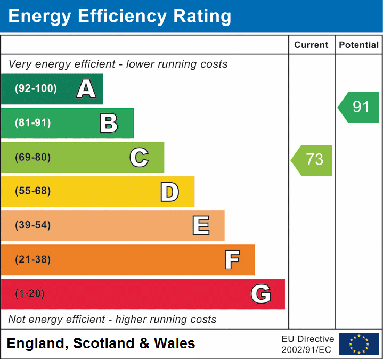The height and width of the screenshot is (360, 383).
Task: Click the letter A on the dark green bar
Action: coord(86,89)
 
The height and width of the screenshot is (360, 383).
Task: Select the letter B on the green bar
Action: coord(109,123)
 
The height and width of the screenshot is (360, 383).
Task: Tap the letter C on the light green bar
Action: coord(139,157)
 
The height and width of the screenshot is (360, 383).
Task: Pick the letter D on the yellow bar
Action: coord(169,192)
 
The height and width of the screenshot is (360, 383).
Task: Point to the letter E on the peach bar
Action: coord(200,226)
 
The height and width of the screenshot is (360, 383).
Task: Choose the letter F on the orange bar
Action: coord(231,260)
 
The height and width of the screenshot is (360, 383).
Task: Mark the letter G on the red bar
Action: coord(261,294)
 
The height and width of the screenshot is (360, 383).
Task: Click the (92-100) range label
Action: coord(36,89)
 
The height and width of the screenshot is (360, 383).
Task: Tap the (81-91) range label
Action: coord(33,123)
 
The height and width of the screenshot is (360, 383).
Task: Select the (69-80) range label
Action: coord(33,157)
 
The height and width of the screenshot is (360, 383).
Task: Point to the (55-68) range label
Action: coord(33,191)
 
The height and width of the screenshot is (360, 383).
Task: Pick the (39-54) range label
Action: coord(33,225)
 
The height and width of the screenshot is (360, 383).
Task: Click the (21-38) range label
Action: coord(33,260)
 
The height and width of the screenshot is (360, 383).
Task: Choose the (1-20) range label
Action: coord(30,294)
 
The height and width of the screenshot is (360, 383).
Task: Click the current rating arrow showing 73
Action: coord(312,160)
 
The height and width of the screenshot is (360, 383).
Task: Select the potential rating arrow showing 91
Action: coord(359,107)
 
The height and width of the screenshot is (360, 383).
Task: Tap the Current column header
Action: coord(312,45)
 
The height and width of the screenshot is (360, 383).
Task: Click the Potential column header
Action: coord(359,45)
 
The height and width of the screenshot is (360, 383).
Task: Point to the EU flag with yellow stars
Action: coord(359,344)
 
